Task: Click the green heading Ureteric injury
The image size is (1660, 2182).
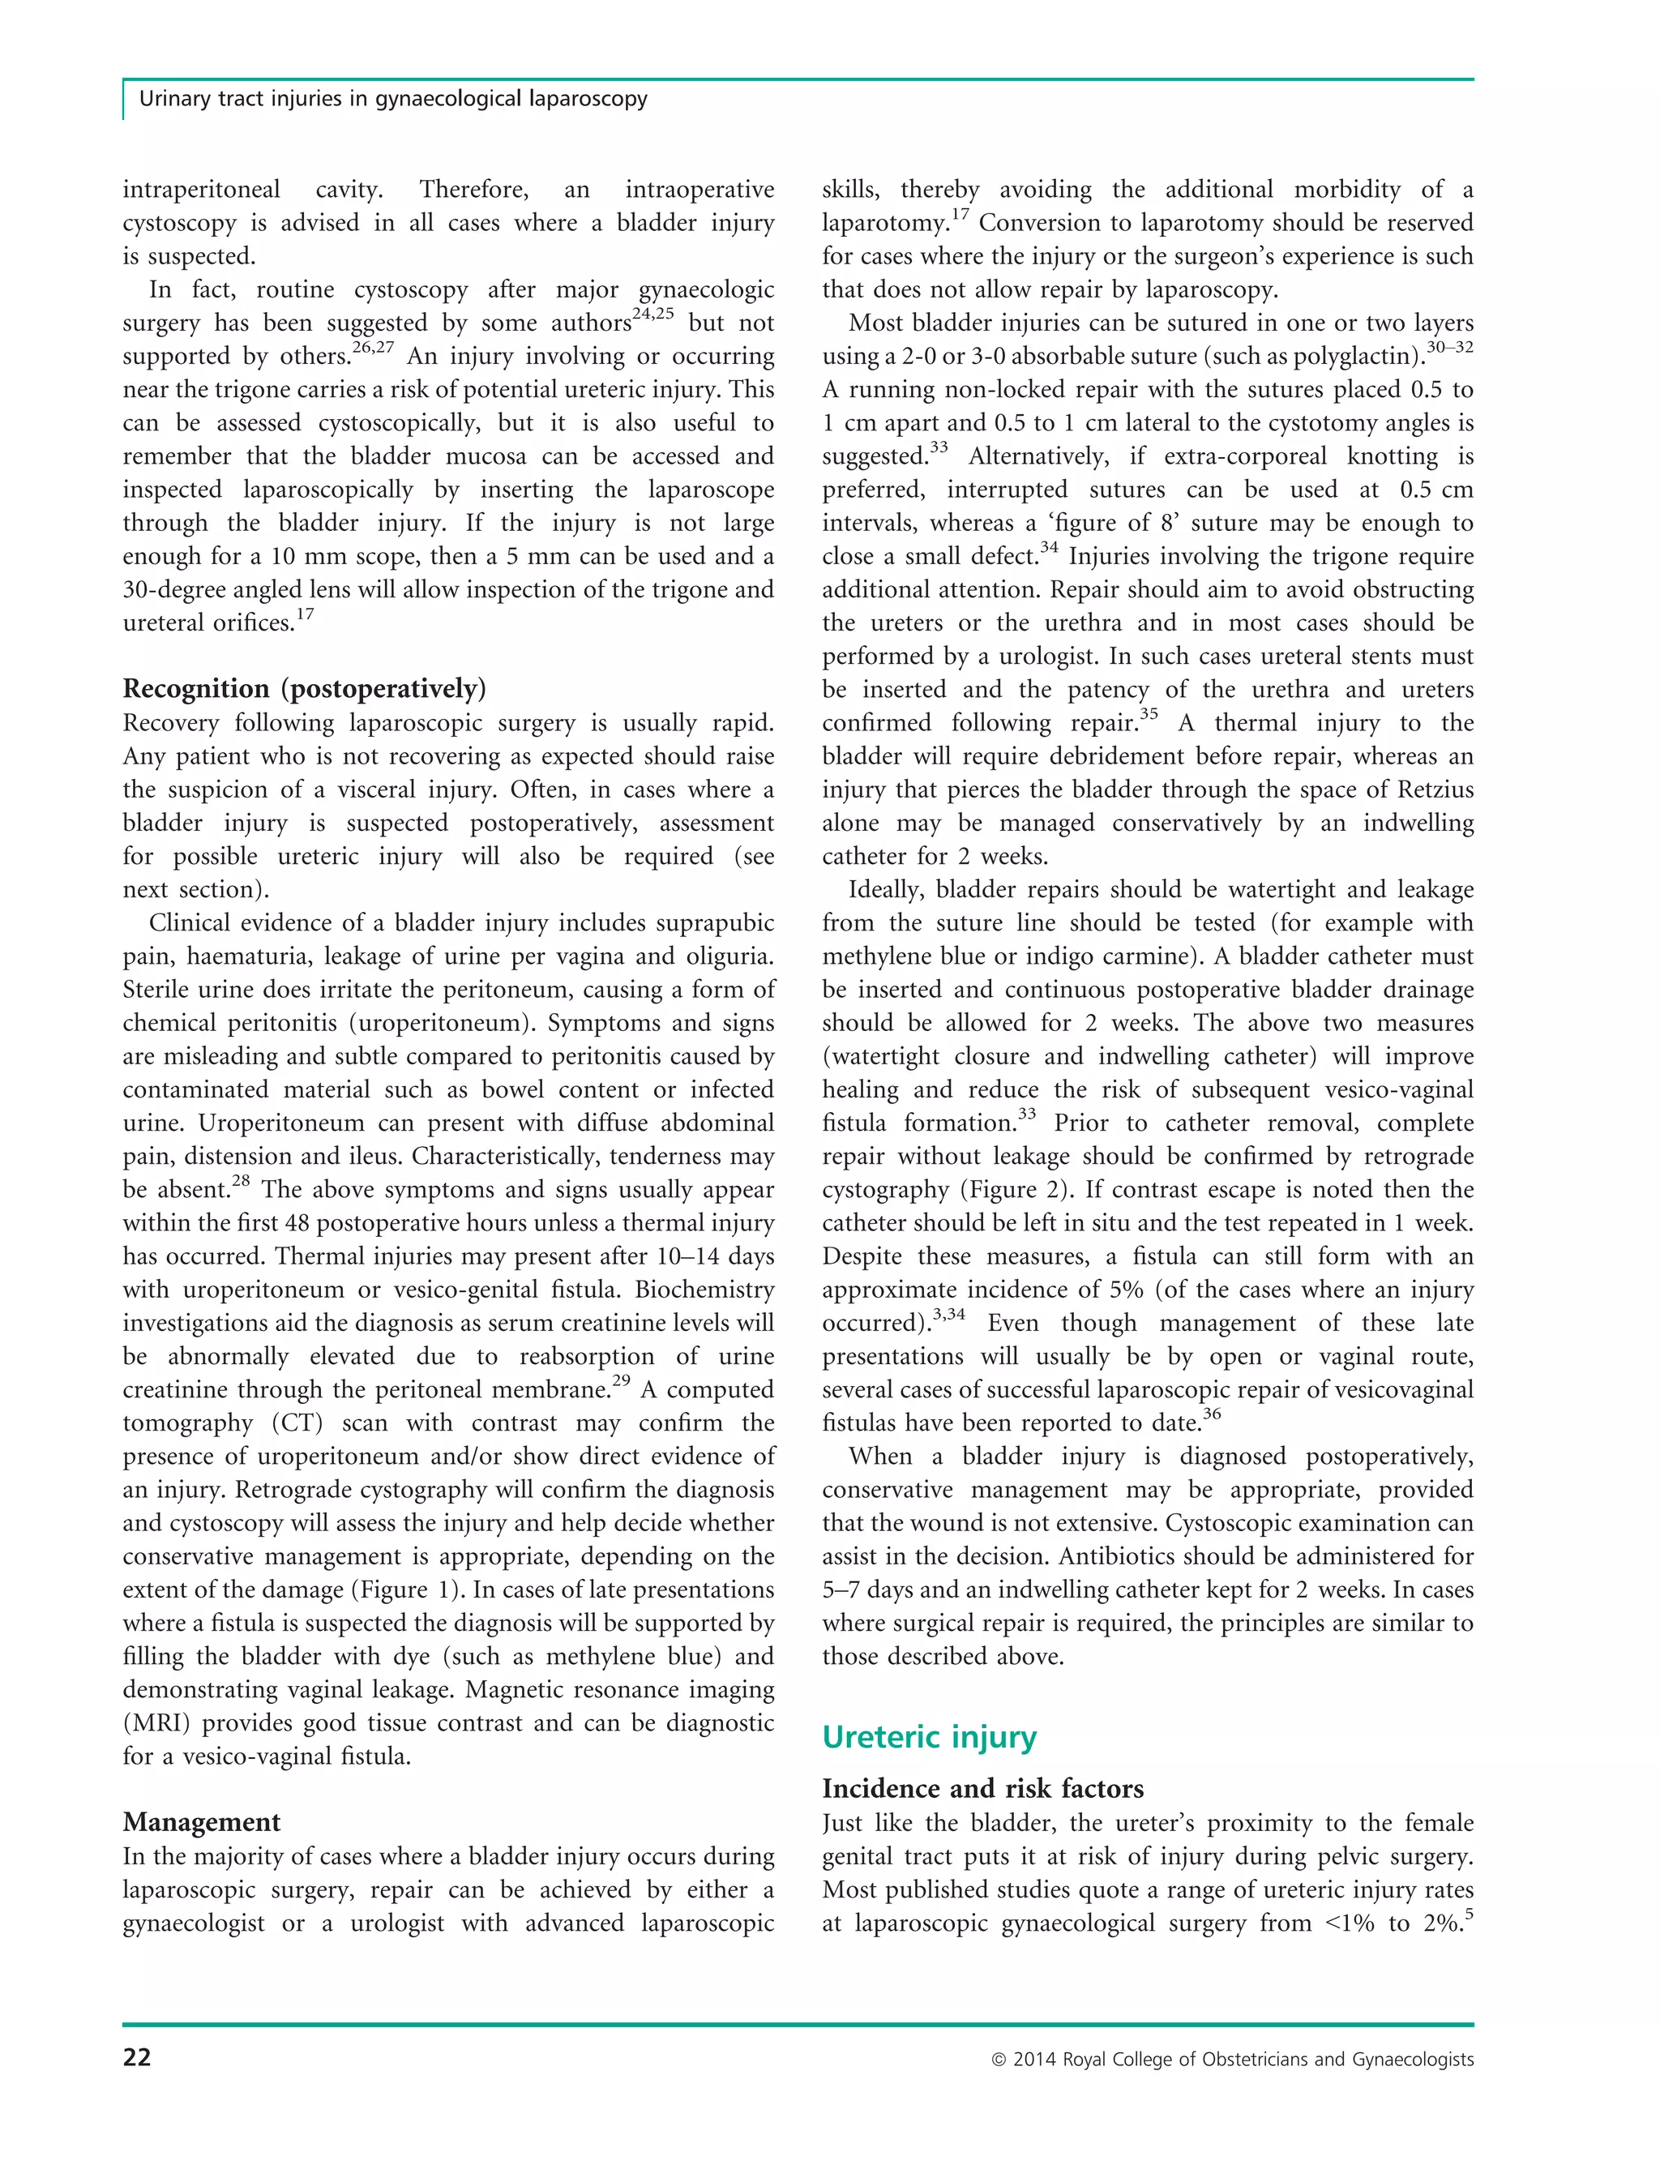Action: (x=929, y=1736)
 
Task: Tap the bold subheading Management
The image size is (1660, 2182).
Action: (x=202, y=1821)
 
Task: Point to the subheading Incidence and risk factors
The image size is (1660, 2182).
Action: (x=982, y=1788)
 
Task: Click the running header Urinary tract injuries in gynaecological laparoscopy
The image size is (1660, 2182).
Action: (x=393, y=99)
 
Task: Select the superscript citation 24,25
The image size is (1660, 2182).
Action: (x=652, y=315)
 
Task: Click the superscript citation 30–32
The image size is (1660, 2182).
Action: (x=1449, y=348)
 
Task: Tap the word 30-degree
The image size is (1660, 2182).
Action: (x=175, y=590)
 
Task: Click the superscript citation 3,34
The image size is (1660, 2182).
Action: (x=948, y=1315)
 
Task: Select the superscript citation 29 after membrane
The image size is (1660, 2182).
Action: (x=622, y=1380)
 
